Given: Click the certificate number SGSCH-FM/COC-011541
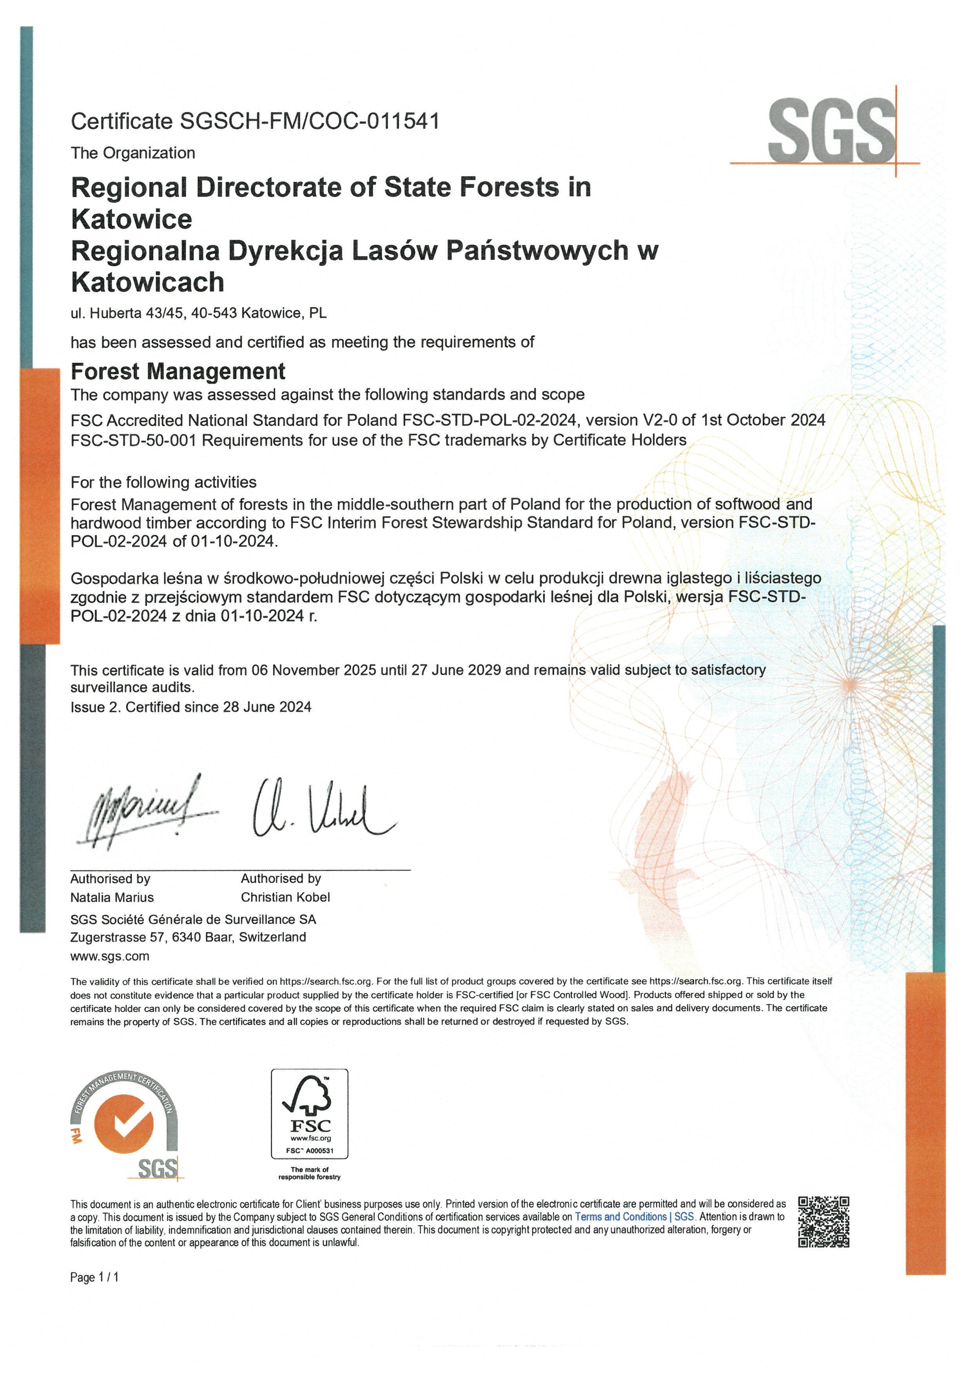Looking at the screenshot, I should [310, 121].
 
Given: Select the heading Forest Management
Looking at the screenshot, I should [178, 372].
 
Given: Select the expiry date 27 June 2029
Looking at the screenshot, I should [455, 670].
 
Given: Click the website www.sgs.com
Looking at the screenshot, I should [109, 956].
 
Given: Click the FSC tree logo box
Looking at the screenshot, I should [310, 1114].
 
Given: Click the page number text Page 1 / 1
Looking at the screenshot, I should [94, 1278].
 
